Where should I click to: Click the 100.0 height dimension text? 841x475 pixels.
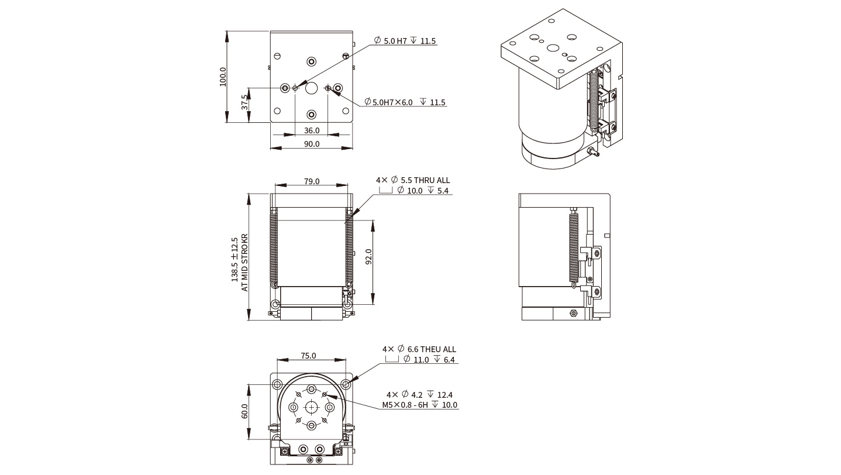click(223, 77)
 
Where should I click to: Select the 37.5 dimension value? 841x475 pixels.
click(245, 103)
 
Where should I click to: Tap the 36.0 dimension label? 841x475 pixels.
click(312, 130)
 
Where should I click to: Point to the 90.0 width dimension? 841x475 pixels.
click(312, 144)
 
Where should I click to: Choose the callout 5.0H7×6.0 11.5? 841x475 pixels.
click(405, 102)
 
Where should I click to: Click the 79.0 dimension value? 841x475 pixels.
click(312, 181)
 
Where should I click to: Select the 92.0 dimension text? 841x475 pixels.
click(368, 257)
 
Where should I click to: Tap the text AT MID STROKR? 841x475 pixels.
click(245, 263)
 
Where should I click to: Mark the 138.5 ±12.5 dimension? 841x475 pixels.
click(235, 260)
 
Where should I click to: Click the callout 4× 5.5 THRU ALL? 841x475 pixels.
click(413, 180)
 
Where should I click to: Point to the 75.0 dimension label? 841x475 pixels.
click(308, 356)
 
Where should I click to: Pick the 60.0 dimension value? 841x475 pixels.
click(245, 411)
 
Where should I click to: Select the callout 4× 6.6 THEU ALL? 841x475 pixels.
click(419, 349)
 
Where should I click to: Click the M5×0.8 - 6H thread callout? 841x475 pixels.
click(420, 405)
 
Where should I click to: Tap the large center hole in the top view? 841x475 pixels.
click(311, 88)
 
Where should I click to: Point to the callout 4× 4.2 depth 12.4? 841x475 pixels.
click(419, 395)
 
